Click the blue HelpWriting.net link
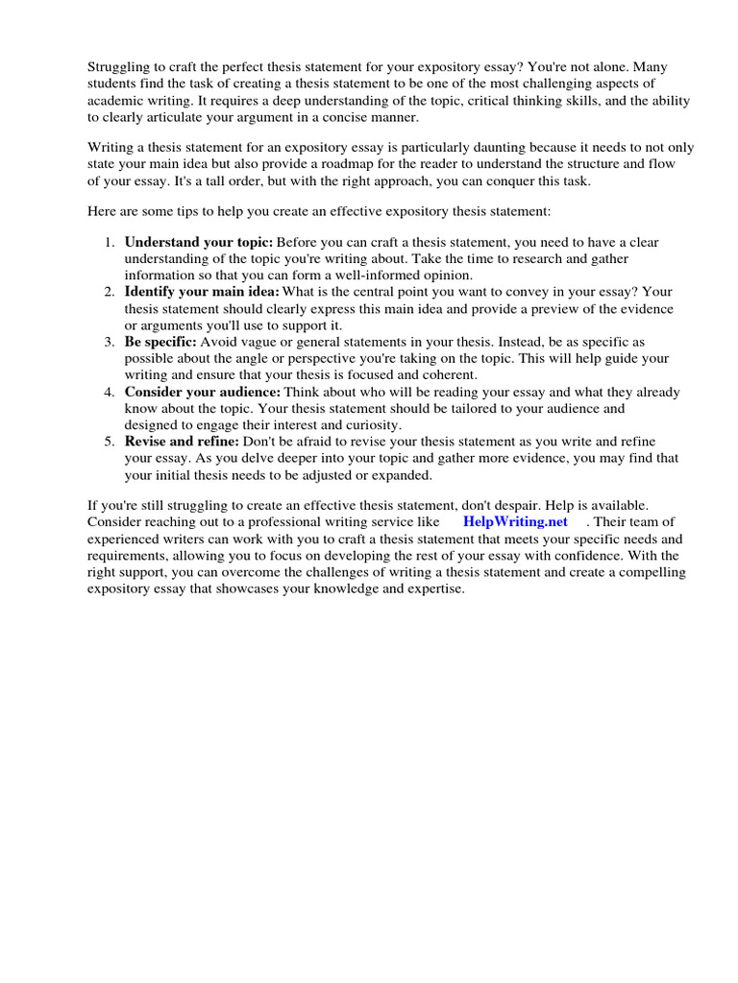[x=515, y=521]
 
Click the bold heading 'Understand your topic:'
[x=199, y=242]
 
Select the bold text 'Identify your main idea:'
[x=202, y=291]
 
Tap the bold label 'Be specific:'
[x=160, y=341]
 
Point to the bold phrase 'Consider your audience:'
[x=202, y=392]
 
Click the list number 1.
[x=110, y=242]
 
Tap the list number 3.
[x=110, y=341]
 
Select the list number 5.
[x=110, y=442]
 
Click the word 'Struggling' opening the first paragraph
[x=120, y=67]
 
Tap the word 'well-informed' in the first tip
[x=354, y=275]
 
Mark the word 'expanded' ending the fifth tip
[x=405, y=474]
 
